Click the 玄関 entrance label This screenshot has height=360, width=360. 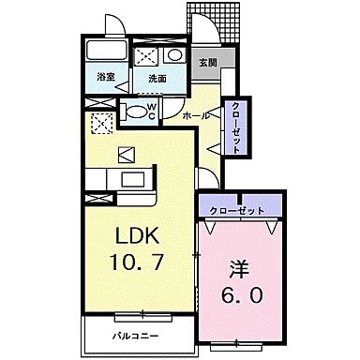[x=207, y=66]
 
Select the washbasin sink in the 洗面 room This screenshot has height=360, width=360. [x=174, y=54]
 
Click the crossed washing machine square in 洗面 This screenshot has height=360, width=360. [x=146, y=54]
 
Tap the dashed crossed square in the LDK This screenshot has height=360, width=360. [x=100, y=123]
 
